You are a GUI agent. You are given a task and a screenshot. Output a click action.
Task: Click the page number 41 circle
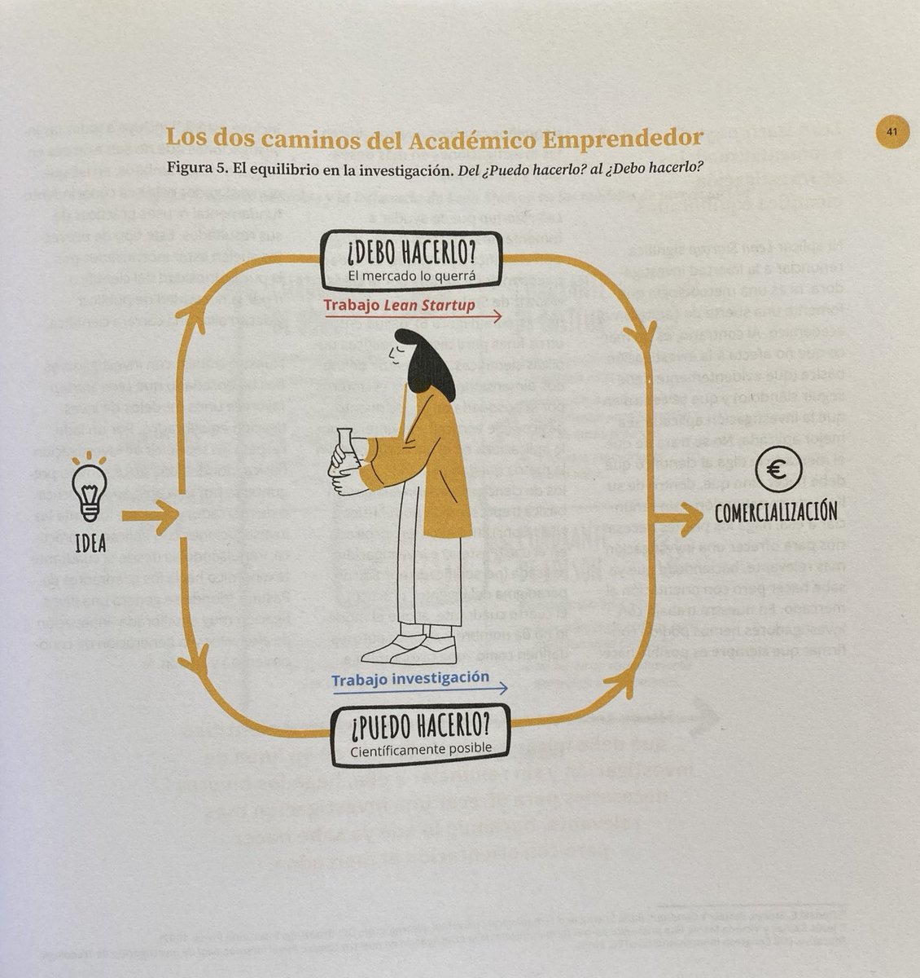891,132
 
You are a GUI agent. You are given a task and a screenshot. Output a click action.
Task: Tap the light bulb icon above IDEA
90,489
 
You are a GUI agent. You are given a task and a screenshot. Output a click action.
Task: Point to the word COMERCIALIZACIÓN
776,513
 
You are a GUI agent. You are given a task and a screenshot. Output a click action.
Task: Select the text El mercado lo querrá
410,276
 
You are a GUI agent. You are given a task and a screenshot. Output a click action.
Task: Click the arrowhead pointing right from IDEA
168,515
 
